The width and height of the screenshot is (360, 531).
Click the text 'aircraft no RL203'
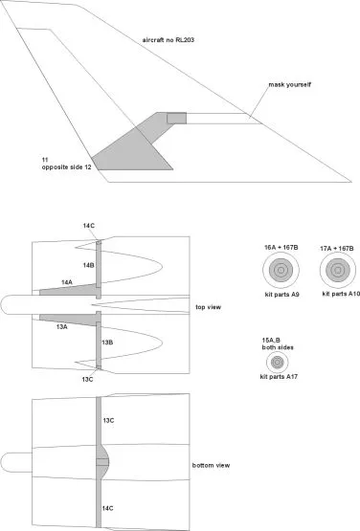pyautogui.click(x=169, y=40)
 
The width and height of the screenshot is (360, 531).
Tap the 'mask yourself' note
pyautogui.click(x=289, y=84)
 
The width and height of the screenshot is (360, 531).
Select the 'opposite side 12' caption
pyautogui.click(x=66, y=166)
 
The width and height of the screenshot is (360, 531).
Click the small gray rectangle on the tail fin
pyautogui.click(x=176, y=119)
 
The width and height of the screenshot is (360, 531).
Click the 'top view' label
pyautogui.click(x=208, y=307)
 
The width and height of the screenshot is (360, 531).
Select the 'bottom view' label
pyautogui.click(x=211, y=465)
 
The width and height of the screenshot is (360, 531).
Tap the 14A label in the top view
pyautogui.click(x=67, y=282)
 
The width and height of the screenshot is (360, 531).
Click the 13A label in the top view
pyautogui.click(x=61, y=327)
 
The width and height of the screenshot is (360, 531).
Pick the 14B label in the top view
pyautogui.click(x=88, y=265)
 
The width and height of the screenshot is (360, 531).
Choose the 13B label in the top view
pyautogui.click(x=107, y=343)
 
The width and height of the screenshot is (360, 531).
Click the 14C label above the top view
pyautogui.click(x=89, y=226)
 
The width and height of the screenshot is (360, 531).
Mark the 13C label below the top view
pyautogui.click(x=87, y=379)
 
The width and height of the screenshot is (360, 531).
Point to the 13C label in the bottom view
pyautogui.click(x=108, y=421)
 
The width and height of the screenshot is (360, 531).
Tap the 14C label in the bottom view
pyautogui.click(x=108, y=508)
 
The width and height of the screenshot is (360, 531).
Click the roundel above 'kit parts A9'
pyautogui.click(x=281, y=270)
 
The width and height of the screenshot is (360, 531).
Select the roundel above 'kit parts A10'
pyautogui.click(x=338, y=270)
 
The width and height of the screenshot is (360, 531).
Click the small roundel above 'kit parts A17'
pyautogui.click(x=278, y=362)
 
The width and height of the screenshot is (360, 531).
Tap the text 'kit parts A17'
pyautogui.click(x=279, y=377)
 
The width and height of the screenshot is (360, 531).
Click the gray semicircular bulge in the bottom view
pyautogui.click(x=104, y=462)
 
